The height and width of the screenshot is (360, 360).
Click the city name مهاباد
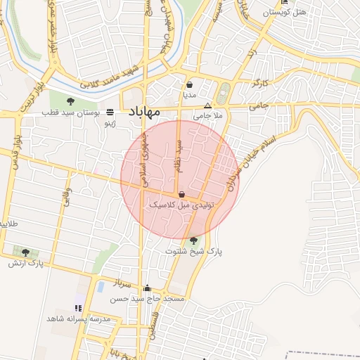pos(144,112)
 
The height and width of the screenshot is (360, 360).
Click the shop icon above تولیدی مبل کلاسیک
pos(182,194)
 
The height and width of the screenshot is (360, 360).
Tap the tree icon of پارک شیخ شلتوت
pos(193,240)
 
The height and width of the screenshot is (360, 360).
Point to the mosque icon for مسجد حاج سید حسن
pos(147,288)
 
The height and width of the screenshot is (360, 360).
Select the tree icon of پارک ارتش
pos(26,252)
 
